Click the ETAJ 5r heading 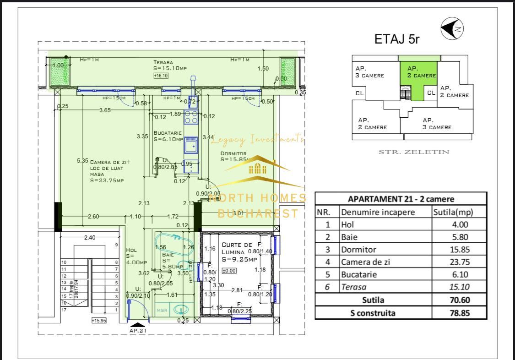click(x=397, y=39)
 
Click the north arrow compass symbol click(x=452, y=29)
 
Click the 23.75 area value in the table click(x=459, y=262)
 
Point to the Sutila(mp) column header click(x=453, y=213)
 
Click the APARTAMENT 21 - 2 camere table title click(x=401, y=199)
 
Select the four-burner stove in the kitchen click(x=190, y=118)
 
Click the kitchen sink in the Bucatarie click(x=190, y=146)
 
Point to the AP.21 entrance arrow click(x=137, y=325)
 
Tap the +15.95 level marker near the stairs click(x=98, y=321)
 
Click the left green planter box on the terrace click(x=58, y=72)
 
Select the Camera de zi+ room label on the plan click(x=110, y=162)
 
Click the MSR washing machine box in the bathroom click(x=163, y=310)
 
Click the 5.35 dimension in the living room click(x=82, y=160)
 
